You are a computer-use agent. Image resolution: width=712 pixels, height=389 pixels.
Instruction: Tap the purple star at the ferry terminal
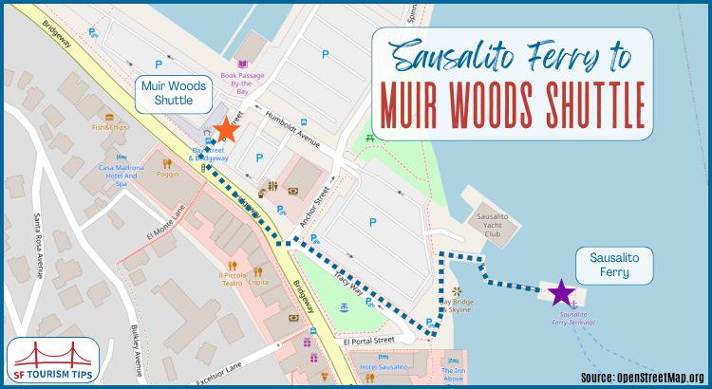tap(561, 293)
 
